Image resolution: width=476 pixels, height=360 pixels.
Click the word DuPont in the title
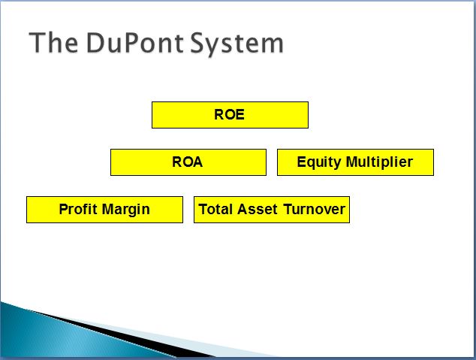[x=135, y=43]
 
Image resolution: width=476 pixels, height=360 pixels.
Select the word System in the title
[x=236, y=44]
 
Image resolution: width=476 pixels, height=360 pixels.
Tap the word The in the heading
[x=53, y=43]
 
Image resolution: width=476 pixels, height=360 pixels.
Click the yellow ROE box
[x=230, y=115]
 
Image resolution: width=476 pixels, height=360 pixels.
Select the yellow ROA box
[x=188, y=162]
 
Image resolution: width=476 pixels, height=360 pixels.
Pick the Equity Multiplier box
[x=355, y=162]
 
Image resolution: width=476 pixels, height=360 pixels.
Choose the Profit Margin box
[x=104, y=210]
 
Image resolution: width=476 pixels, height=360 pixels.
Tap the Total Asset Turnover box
[x=272, y=210]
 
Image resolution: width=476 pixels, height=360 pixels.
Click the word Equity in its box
[x=319, y=162]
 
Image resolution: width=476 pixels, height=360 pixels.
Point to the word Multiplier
[x=379, y=162]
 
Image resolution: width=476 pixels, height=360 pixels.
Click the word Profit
[x=78, y=209]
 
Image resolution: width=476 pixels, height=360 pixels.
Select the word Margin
[x=125, y=210]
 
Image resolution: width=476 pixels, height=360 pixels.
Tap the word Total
[x=215, y=209]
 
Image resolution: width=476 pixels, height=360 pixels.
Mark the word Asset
[x=257, y=209]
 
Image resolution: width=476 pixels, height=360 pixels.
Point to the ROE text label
[x=229, y=114]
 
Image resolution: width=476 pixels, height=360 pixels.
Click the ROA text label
[x=187, y=162]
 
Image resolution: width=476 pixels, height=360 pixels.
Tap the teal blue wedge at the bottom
[x=61, y=337]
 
